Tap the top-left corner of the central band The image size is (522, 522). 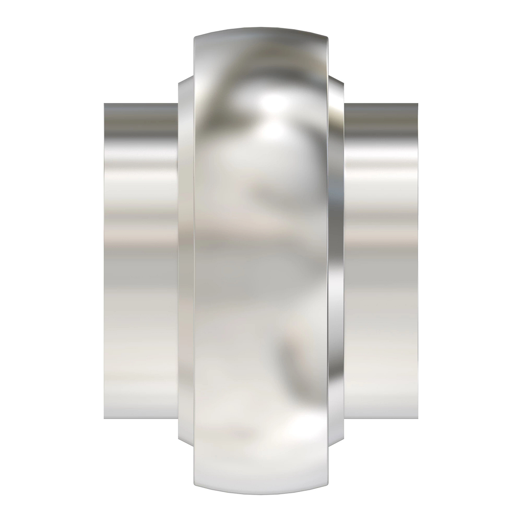point(194,37)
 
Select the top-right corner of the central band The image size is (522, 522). point(327,37)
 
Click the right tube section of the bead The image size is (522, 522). point(381,261)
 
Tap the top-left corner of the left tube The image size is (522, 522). point(105,104)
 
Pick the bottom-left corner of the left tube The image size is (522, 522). point(105,418)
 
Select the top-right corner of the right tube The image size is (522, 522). point(417,104)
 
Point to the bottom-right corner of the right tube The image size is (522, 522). point(417,418)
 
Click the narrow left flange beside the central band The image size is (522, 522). point(185,261)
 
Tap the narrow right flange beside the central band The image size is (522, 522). point(336,261)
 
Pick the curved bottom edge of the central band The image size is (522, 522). point(261,490)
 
